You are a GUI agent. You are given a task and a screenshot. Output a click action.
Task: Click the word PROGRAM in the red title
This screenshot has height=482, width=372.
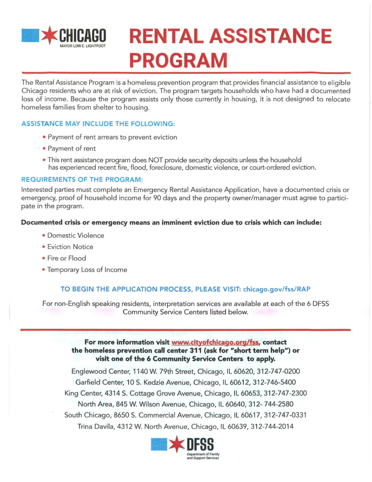tap(178, 60)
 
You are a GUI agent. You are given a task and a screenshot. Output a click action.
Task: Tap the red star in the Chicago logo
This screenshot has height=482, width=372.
tap(49, 35)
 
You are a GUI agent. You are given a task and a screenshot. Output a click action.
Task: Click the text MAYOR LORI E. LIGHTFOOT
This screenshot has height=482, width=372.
tap(83, 46)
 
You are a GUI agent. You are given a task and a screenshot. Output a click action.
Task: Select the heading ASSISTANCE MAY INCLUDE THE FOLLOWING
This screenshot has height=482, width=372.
tap(98, 124)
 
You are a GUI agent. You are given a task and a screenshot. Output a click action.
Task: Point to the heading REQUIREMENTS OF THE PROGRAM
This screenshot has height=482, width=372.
tap(82, 179)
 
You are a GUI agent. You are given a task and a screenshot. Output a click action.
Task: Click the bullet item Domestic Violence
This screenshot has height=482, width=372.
tap(76, 236)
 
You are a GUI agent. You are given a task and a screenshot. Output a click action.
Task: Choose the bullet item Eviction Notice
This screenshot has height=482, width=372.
tap(70, 247)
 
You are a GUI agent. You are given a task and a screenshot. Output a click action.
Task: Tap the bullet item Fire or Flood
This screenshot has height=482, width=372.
tap(66, 258)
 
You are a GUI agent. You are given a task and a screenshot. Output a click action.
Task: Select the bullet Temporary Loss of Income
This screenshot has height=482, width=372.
tap(87, 270)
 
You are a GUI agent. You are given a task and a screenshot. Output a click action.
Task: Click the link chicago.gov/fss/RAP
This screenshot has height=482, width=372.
tap(277, 289)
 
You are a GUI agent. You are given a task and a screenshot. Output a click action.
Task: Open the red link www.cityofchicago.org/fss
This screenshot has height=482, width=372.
tap(215, 342)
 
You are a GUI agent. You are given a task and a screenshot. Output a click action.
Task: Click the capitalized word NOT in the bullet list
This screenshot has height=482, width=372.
tap(156, 160)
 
